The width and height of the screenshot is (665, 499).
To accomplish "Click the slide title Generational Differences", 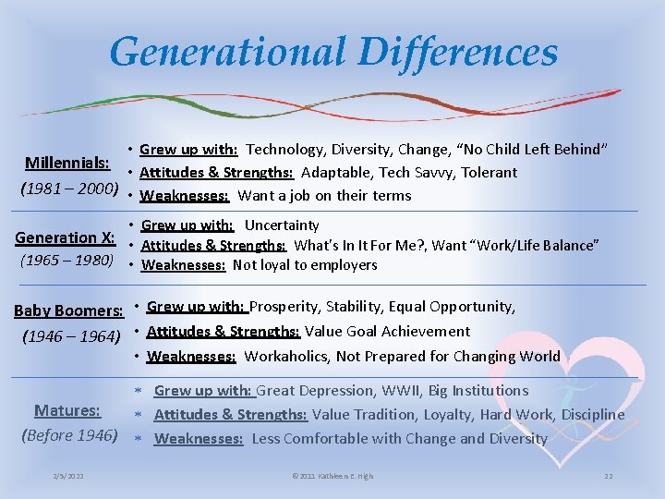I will pos(332,52).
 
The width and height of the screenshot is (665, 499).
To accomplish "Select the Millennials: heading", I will pos(67,163).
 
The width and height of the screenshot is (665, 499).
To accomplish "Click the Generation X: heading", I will pos(65,237).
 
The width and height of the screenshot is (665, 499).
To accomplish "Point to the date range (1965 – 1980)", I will pos(66,260).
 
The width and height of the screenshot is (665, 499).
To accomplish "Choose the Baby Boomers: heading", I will pos(68,310).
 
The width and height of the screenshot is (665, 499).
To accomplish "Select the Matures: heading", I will pos(67,410).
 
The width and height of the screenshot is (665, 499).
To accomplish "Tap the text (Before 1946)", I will pos(70,434).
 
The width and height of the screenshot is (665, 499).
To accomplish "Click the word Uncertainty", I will pos(282,225).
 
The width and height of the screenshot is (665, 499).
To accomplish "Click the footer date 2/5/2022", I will pos(68,476).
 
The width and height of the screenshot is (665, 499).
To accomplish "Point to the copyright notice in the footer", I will pos(332,476).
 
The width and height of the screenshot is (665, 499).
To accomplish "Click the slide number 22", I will pos(608,476).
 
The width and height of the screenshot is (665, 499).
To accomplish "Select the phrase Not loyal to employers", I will pos(305,265).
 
